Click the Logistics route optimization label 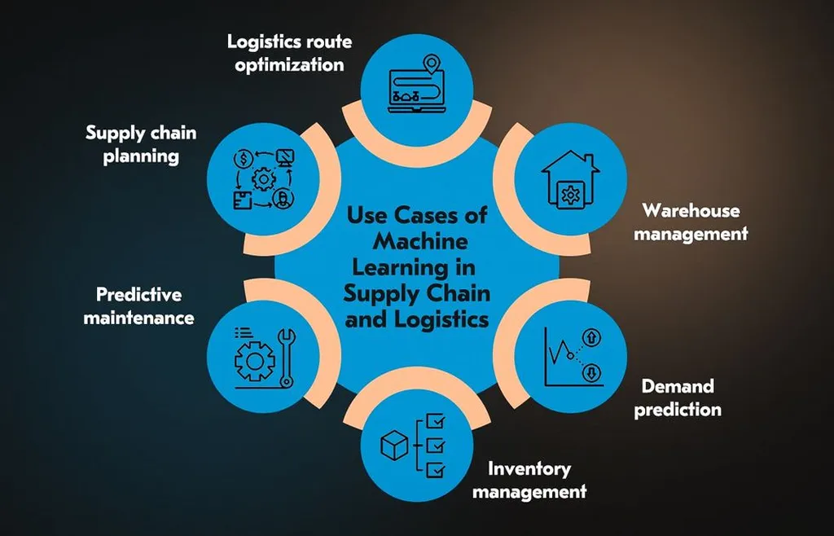(284, 52)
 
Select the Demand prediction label (678, 397)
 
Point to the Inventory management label (529, 480)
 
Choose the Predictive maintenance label (138, 305)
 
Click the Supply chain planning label (141, 143)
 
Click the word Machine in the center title (420, 241)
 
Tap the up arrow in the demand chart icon (590, 337)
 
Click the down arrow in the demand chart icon (590, 374)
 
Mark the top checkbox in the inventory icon (437, 421)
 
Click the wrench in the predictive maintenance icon (286, 355)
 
